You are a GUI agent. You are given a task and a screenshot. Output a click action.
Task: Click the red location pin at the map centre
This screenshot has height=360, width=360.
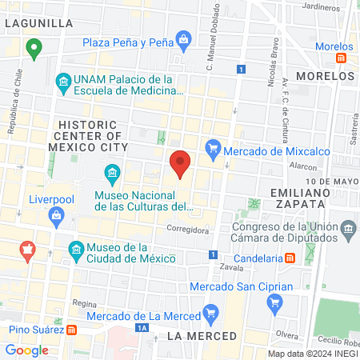pyautogui.click(x=180, y=164)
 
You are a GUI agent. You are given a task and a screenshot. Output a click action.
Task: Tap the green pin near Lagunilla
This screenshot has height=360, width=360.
pyautogui.click(x=34, y=49)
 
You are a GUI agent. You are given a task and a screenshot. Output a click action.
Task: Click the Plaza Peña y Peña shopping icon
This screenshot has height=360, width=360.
pyautogui.click(x=183, y=38)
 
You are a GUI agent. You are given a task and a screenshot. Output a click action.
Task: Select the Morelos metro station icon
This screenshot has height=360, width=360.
pyautogui.click(x=342, y=58)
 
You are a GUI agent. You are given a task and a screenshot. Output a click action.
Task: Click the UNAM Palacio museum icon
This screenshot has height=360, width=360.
pyautogui.click(x=62, y=82)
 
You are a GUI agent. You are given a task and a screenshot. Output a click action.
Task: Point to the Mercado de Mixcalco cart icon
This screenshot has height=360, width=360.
pyautogui.click(x=213, y=147)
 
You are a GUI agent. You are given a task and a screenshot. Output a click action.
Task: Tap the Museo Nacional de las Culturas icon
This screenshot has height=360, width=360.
pyautogui.click(x=112, y=173)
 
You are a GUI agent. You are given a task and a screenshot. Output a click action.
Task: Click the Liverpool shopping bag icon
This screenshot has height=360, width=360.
pyautogui.click(x=56, y=214)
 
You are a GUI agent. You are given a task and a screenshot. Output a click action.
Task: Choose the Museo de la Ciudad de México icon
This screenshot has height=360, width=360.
pyautogui.click(x=75, y=249)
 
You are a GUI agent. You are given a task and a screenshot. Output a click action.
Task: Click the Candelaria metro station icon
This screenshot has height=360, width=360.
pyautogui.click(x=290, y=258)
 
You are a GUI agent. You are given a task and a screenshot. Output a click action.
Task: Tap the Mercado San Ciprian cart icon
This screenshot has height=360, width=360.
pyautogui.click(x=274, y=302)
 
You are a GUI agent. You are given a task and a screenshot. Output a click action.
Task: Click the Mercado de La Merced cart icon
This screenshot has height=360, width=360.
pyautogui.click(x=210, y=312)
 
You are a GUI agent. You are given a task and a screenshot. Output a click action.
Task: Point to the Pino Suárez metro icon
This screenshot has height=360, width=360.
pyautogui.click(x=73, y=329)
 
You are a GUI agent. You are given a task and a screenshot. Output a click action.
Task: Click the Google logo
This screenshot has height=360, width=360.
pyautogui.click(x=27, y=350)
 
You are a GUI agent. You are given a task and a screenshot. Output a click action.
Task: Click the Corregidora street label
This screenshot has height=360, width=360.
pyautogui.click(x=187, y=230)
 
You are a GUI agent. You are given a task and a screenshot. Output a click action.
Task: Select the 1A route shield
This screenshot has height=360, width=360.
pyautogui.click(x=142, y=328)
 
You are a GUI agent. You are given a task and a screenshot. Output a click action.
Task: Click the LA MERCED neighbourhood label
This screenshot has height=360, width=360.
pyautogui.click(x=202, y=336)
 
